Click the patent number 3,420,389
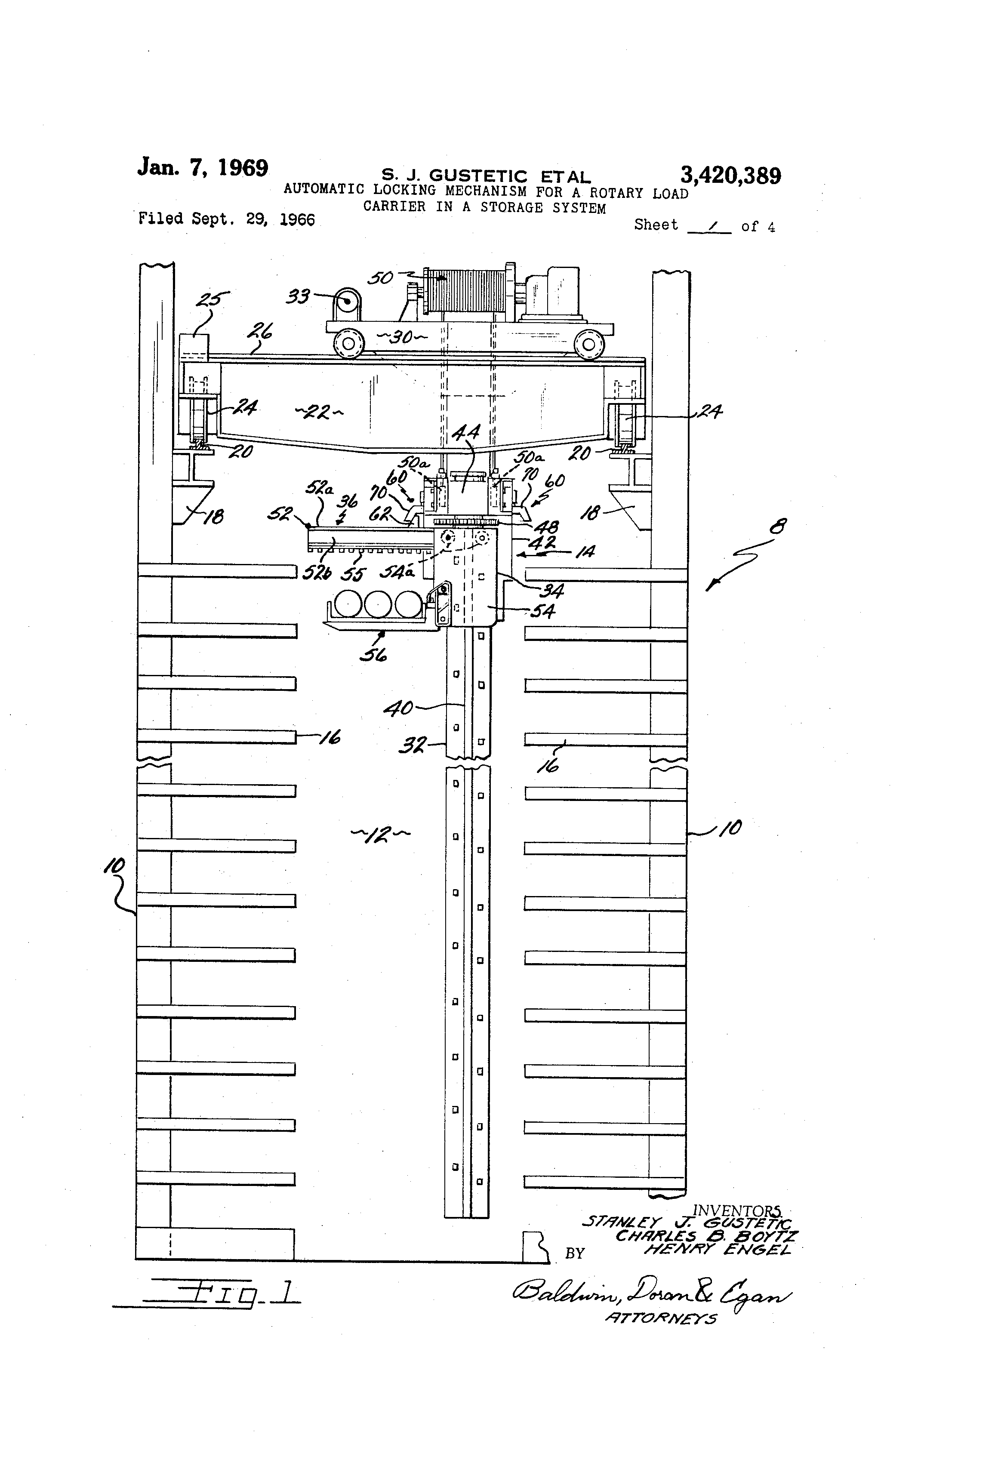click(730, 176)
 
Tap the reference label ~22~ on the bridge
click(319, 413)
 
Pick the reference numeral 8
click(777, 526)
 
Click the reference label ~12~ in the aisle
click(380, 835)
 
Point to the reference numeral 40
click(399, 708)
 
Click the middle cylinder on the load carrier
click(377, 604)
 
